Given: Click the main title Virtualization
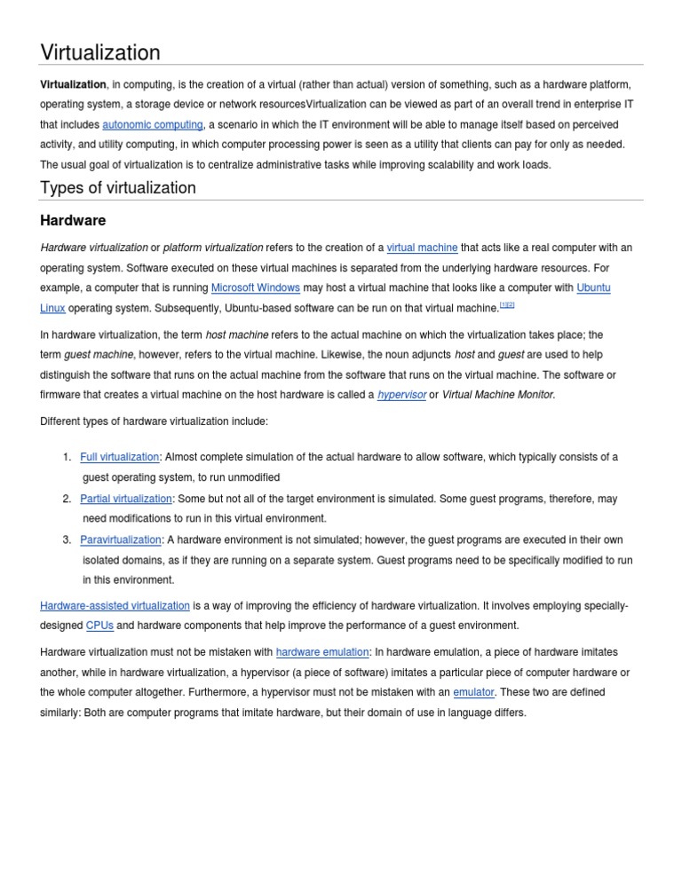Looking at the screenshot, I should (x=100, y=52).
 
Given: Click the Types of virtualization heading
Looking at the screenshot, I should (x=118, y=187).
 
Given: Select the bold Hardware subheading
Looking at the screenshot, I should (x=73, y=220).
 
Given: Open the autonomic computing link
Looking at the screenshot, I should (x=153, y=125).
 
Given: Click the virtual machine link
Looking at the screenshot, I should (x=423, y=248).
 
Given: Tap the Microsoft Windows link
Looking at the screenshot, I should (x=256, y=288).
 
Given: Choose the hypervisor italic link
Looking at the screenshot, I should (x=401, y=395).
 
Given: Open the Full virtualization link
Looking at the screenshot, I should (x=119, y=457).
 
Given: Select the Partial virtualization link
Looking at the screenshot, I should (x=125, y=499).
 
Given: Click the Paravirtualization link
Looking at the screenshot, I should (x=121, y=539).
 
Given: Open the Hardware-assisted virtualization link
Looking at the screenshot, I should (x=115, y=606).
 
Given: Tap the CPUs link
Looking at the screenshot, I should (x=99, y=626).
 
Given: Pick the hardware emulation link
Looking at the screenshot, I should (x=322, y=652).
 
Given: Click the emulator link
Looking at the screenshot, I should (x=473, y=692).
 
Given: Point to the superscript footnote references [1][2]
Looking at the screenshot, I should (x=507, y=305).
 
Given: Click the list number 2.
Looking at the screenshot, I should (x=67, y=499).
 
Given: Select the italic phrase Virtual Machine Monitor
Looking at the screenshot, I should (x=498, y=395).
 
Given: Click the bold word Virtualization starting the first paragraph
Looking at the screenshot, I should (x=73, y=84).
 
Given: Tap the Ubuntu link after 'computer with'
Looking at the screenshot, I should (x=593, y=288).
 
